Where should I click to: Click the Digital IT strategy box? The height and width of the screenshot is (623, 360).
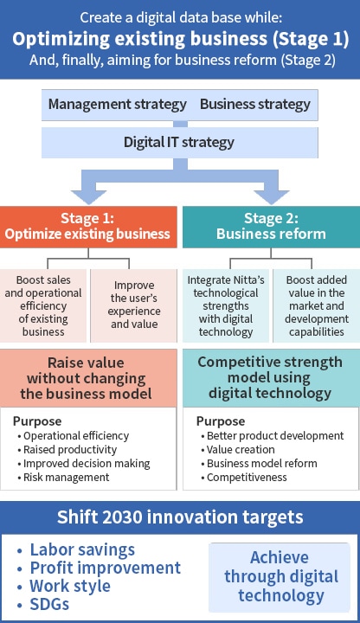(x=180, y=142)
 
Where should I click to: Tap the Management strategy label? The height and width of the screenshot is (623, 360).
(x=117, y=105)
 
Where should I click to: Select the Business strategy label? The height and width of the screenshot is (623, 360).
(x=255, y=105)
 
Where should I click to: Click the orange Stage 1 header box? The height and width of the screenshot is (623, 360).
(x=88, y=227)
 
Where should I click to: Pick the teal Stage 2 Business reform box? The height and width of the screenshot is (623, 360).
(x=272, y=227)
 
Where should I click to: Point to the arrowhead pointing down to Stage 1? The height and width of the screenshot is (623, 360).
(x=88, y=197)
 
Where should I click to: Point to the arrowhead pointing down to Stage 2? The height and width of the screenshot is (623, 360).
(x=272, y=197)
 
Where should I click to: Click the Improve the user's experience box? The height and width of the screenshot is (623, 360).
(x=134, y=305)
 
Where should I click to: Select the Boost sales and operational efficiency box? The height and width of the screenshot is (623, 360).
(x=43, y=305)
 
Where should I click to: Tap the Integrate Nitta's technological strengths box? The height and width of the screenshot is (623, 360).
(x=226, y=305)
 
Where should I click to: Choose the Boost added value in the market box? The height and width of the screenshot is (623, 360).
(x=317, y=305)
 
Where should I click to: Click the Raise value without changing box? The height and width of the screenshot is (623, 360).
(x=88, y=378)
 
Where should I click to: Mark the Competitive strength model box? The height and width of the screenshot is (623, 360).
(x=272, y=378)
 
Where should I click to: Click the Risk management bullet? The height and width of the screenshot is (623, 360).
(x=63, y=477)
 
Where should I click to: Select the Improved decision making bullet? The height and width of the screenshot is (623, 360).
(x=84, y=463)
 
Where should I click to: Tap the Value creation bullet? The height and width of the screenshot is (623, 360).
(x=238, y=449)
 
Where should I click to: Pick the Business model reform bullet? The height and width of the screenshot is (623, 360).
(x=259, y=463)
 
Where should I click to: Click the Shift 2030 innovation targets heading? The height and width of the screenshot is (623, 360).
(x=180, y=517)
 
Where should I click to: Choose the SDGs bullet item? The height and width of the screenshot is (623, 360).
(x=43, y=604)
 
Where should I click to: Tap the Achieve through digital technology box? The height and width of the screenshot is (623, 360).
(x=280, y=577)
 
